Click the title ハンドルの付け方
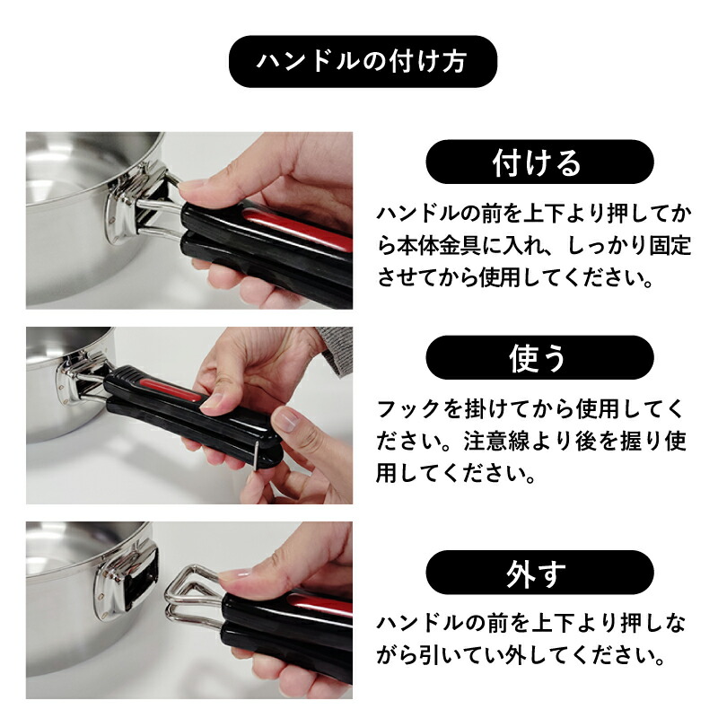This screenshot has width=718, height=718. click(x=363, y=61)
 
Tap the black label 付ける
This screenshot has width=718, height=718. click(x=539, y=162)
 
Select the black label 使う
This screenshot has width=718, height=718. click(x=539, y=357)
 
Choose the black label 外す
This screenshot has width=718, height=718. click(x=539, y=573)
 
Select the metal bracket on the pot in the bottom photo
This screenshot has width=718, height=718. click(x=127, y=578)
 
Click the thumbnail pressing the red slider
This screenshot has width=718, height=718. click(x=209, y=401)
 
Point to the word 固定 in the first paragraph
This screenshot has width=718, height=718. click(x=670, y=246)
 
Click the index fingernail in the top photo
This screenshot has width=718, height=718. click(x=188, y=186)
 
